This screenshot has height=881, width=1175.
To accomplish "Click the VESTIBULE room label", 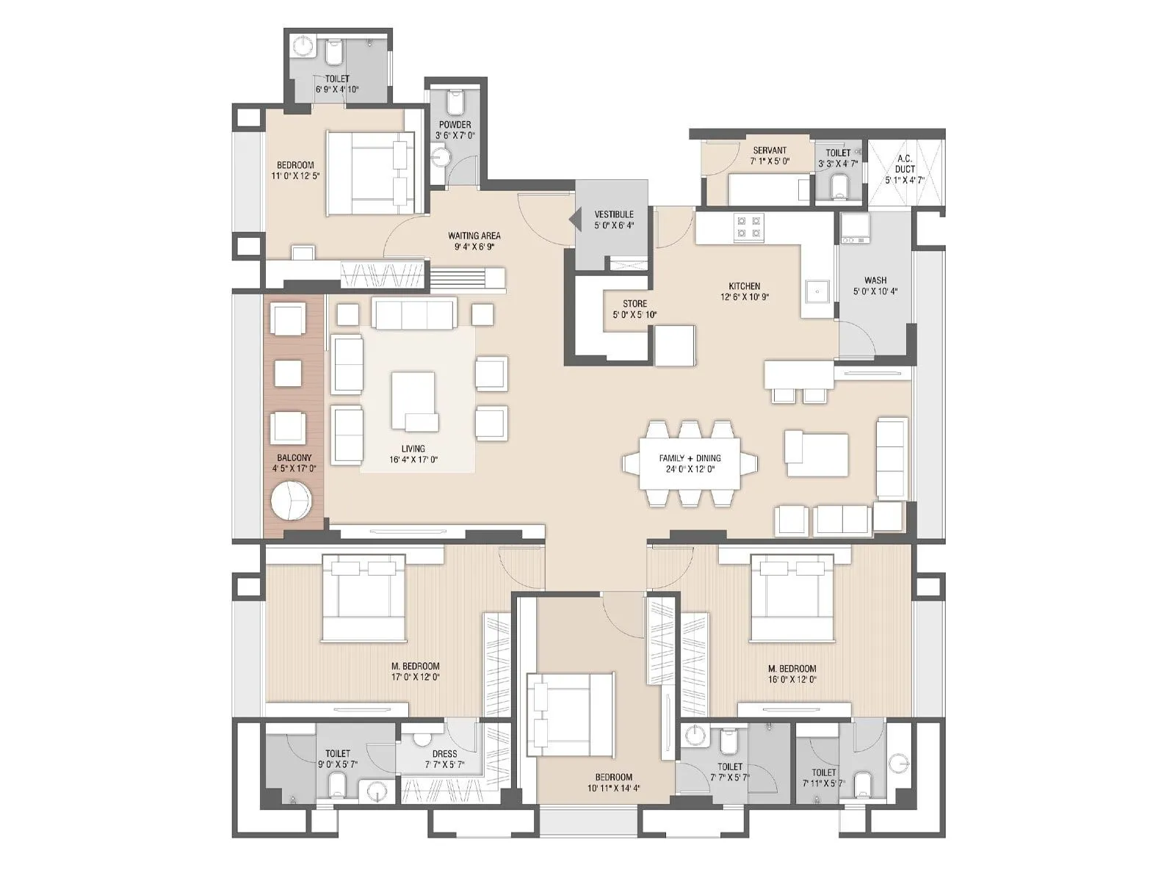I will coord(614,214).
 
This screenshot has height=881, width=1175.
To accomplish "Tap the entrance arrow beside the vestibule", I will coord(576,219).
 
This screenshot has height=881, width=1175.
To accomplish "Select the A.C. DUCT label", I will coord(905,164).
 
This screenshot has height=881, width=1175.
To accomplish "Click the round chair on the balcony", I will coord(292,501).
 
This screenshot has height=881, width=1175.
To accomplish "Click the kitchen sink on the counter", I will coord(817,291).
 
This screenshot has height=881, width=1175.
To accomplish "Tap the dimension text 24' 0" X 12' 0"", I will coord(690,469).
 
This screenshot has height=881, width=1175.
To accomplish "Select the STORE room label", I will coord(634,303).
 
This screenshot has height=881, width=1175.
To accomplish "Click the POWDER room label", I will coord(455,125).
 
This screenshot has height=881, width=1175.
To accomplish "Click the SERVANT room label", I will coord(770,151).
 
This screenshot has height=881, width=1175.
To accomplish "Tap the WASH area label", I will coord(875,280).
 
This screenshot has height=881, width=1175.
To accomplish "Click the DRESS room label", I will coord(444,754).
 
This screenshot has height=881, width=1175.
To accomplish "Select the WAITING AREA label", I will coord(474,236).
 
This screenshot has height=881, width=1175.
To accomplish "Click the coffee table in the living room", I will coord(413,401).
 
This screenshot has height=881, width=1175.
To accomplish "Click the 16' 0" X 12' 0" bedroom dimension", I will coord(792,680).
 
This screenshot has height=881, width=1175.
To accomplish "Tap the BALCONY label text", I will coord(294,457).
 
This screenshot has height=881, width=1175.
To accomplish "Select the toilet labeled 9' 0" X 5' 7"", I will coord(338,754).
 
